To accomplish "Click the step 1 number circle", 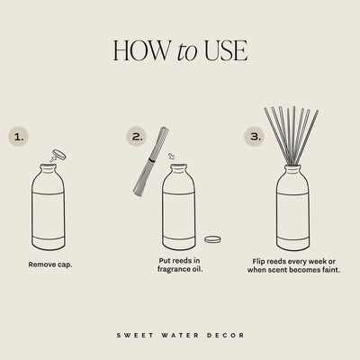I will tap(21, 138).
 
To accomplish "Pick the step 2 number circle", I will tap(137, 138).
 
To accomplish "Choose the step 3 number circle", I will tap(254, 138).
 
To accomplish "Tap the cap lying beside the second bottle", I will tap(213, 238).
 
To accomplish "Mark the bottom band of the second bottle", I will tap(178, 242).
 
